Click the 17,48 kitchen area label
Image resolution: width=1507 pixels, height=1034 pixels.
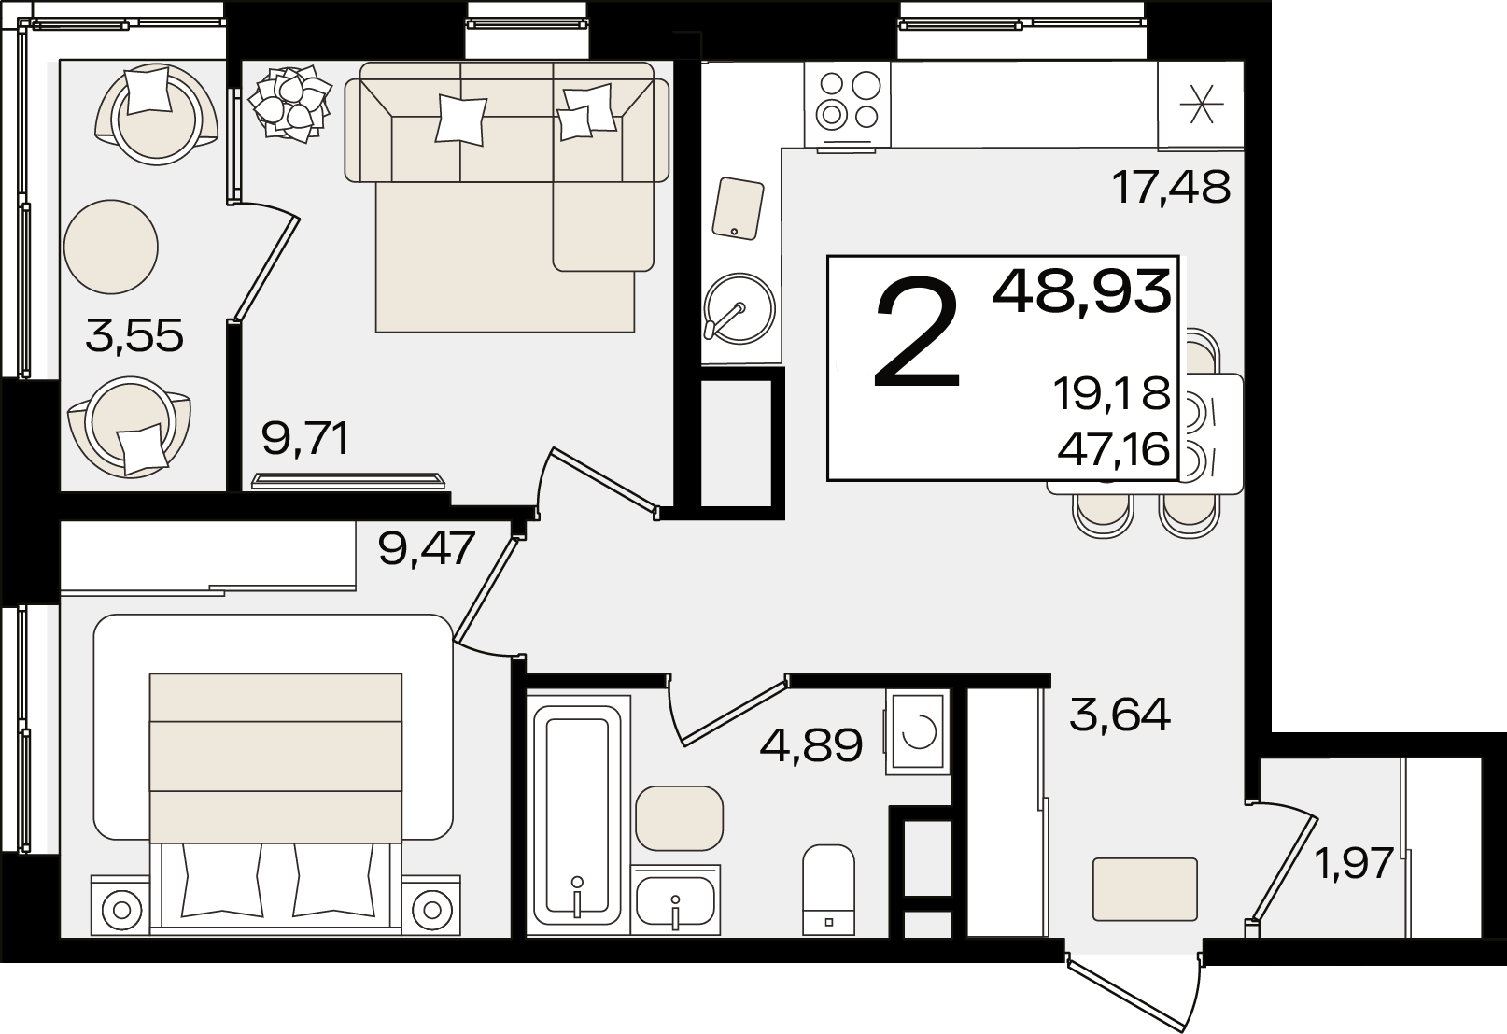click(x=1171, y=187)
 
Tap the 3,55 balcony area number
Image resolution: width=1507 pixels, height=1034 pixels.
click(x=134, y=336)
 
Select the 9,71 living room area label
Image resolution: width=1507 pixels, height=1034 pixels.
click(x=306, y=440)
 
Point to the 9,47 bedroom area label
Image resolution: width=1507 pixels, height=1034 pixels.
click(x=428, y=548)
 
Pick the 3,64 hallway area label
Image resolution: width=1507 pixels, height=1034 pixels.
click(x=1120, y=715)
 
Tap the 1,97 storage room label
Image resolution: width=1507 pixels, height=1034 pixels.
click(x=1354, y=864)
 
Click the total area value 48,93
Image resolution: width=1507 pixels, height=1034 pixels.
click(x=1082, y=291)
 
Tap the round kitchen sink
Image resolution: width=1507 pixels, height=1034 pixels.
click(x=739, y=309)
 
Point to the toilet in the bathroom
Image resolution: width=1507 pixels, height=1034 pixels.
click(x=829, y=889)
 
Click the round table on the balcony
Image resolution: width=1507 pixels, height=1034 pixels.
click(x=111, y=247)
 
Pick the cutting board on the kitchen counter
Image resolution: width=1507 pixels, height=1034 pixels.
click(x=738, y=208)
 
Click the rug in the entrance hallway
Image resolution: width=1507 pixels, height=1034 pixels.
click(x=1145, y=889)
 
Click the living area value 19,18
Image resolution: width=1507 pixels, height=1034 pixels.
click(x=1112, y=393)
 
